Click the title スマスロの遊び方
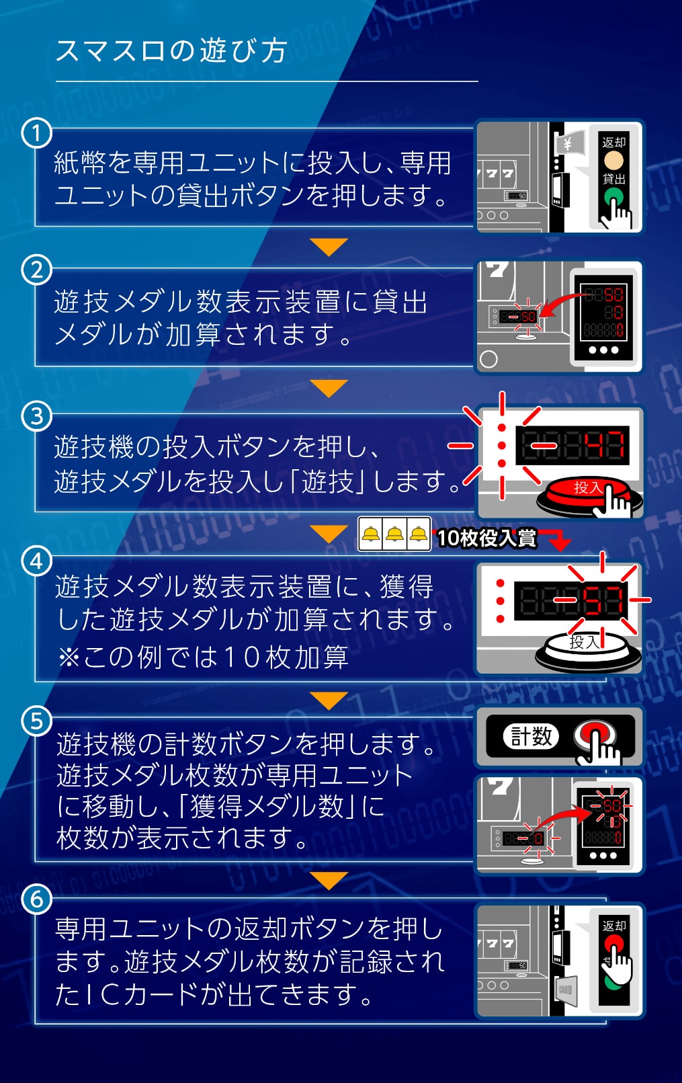171,51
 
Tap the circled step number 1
37,133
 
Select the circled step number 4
37,561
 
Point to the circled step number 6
37,899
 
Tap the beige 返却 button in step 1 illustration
613,161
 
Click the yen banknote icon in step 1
566,143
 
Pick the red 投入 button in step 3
585,492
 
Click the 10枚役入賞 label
486,538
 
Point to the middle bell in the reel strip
394,535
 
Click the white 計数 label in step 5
531,737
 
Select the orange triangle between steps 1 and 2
329,247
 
